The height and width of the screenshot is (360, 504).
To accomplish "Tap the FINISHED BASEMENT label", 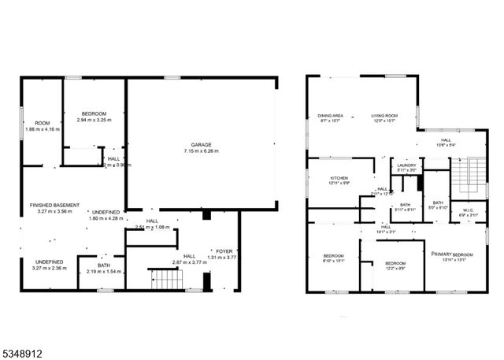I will click(x=51, y=208).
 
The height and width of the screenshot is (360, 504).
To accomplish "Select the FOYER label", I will click(x=226, y=251).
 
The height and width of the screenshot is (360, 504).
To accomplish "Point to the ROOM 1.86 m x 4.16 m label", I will click(x=42, y=126).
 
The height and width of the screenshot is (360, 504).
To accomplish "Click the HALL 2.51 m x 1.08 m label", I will click(x=151, y=224).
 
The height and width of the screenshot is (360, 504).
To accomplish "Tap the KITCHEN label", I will click(x=339, y=180).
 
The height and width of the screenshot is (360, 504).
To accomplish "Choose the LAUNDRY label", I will click(x=407, y=167).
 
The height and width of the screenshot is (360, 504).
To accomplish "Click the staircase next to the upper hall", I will click(x=471, y=174).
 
